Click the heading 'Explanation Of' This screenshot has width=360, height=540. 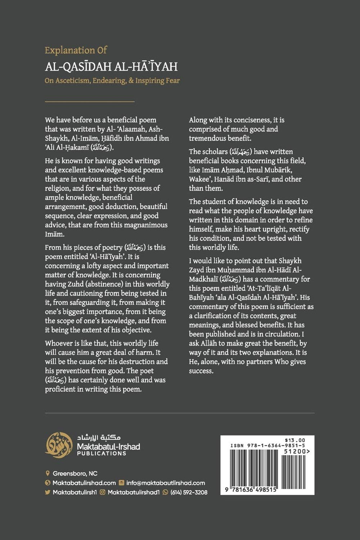pos(76,50)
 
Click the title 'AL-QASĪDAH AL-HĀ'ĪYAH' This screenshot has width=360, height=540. pos(111,67)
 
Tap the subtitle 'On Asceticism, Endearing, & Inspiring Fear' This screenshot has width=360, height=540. pos(112,81)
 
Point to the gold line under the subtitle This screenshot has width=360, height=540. pos(90,102)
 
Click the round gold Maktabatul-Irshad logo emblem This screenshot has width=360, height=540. pos(59,445)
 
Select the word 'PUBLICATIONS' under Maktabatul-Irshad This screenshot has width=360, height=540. pos(102,454)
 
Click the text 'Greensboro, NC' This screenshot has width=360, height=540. pos(75,474)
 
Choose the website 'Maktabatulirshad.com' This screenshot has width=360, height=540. pos(84,483)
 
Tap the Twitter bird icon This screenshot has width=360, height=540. pos(48,492)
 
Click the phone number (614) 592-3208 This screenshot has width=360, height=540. pos(189,492)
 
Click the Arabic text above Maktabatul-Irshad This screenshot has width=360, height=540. pos(98,438)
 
